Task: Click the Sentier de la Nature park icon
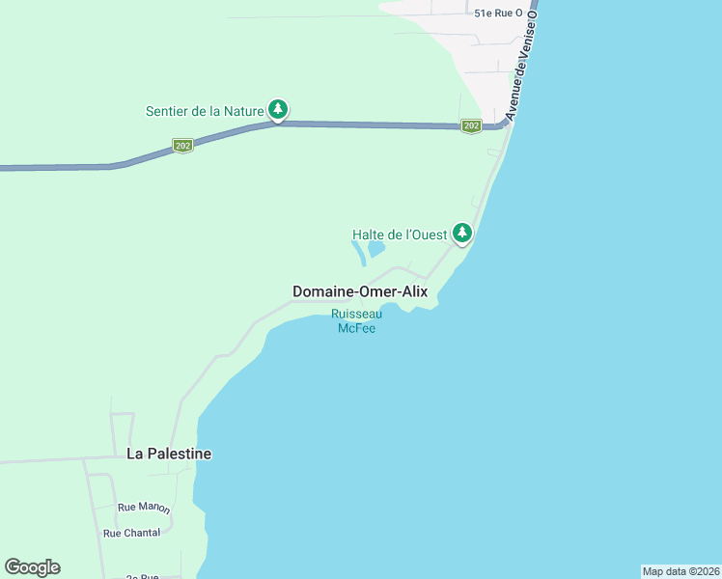[278, 110]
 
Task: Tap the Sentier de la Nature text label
[205, 111]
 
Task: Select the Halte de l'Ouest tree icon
[463, 233]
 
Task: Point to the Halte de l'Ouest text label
[399, 234]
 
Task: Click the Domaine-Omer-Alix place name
[359, 291]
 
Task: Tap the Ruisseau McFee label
[356, 320]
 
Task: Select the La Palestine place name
[169, 454]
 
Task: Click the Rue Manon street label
[144, 509]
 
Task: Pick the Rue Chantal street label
[131, 533]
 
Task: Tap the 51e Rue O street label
[498, 14]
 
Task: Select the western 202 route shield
[182, 146]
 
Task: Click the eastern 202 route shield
[470, 126]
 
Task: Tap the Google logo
[32, 567]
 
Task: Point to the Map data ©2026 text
[680, 570]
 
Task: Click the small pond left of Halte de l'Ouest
[375, 249]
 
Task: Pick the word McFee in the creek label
[356, 328]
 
